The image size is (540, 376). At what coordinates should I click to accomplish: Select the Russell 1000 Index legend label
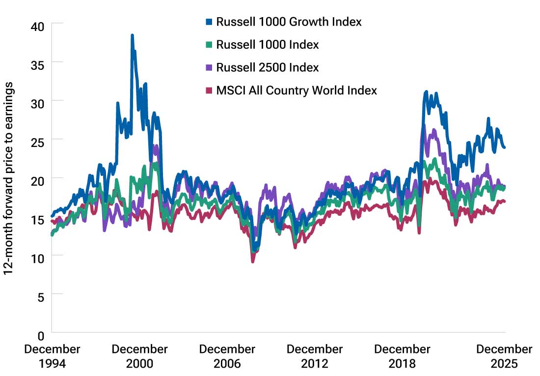268,45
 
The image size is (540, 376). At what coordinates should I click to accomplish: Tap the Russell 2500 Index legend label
268,67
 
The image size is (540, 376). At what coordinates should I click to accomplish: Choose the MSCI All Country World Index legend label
297,90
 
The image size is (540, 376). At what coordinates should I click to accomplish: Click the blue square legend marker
209,22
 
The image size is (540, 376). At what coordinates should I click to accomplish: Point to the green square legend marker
209,45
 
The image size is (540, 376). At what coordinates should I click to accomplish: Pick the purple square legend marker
209,67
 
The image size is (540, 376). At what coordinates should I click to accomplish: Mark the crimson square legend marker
209,90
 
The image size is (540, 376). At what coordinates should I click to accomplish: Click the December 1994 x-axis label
52,356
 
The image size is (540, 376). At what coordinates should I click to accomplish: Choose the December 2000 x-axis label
139,356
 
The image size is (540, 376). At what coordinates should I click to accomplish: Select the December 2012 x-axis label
314,356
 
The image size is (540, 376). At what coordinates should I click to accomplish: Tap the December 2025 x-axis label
504,356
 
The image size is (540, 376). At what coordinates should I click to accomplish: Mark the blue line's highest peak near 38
132,35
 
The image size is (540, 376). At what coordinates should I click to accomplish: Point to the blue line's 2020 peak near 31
426,92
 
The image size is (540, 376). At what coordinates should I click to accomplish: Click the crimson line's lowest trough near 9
253,261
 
